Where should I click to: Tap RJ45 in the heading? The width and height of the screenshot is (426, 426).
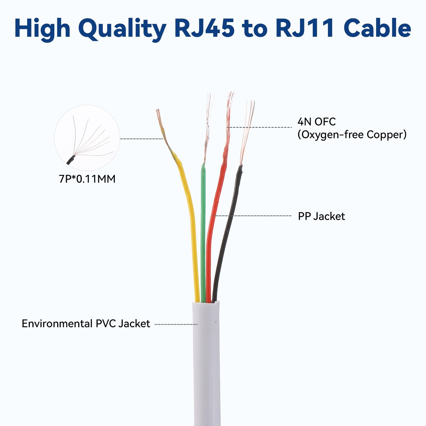tap(204, 28)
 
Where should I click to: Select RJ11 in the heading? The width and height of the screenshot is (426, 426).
tap(305, 28)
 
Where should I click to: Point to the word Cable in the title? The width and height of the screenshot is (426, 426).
tap(378, 28)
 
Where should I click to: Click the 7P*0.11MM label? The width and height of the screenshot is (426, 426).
tap(87, 179)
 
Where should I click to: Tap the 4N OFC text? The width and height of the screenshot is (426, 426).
tap(317, 122)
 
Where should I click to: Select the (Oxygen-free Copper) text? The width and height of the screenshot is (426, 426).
tap(352, 135)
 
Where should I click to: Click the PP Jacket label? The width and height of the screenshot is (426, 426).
tap(321, 216)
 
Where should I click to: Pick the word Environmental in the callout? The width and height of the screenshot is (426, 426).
tap(57, 323)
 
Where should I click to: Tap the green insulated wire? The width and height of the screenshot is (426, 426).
tap(203, 234)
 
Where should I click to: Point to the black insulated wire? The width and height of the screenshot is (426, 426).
tap(226, 232)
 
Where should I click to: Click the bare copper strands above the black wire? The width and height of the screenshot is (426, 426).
tap(247, 132)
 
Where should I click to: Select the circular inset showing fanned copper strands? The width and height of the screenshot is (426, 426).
tap(87, 138)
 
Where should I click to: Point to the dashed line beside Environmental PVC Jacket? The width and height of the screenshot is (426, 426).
tap(176, 324)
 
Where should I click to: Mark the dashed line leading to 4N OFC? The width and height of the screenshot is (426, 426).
tap(259, 127)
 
